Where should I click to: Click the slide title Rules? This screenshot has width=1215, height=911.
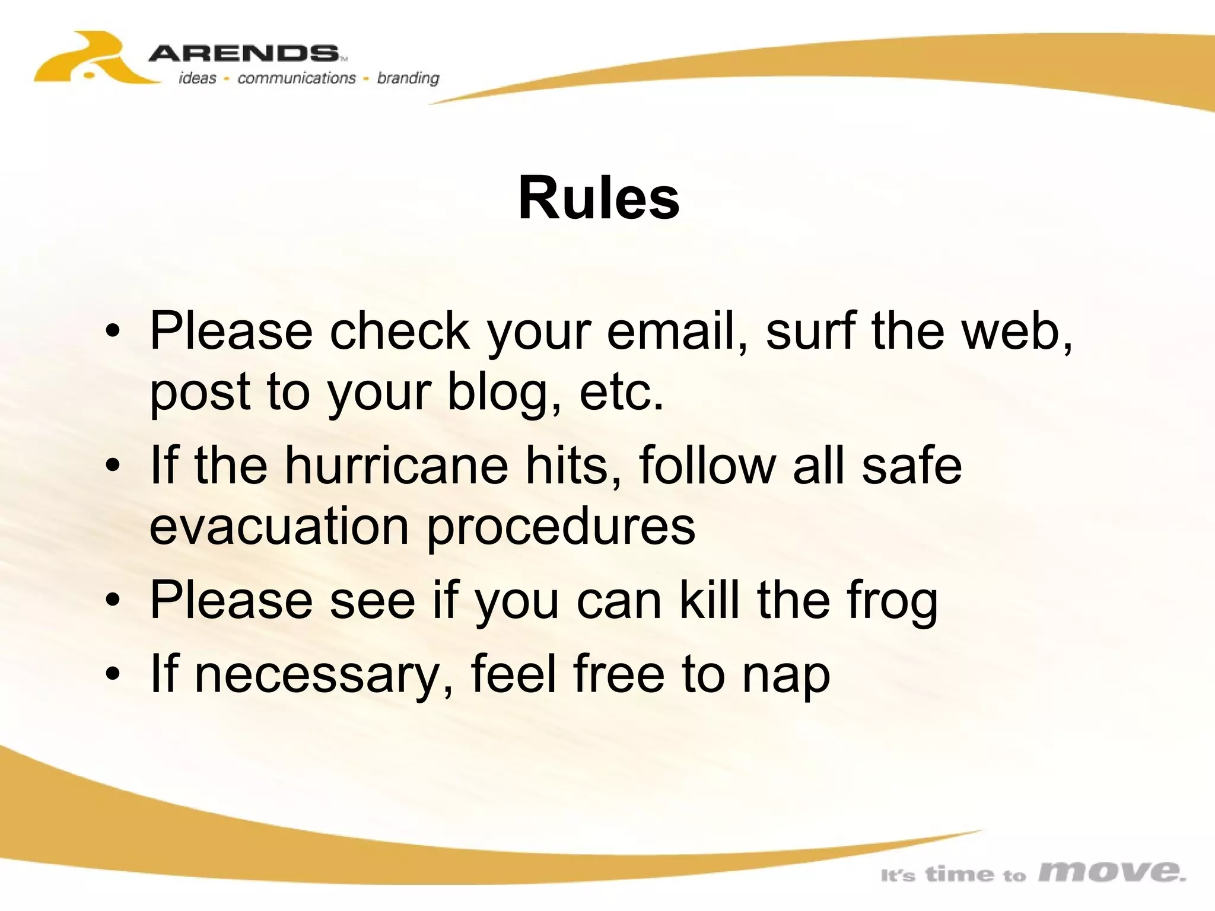599,198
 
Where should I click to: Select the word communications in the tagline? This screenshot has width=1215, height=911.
296,78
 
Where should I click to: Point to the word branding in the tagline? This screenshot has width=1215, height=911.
408,78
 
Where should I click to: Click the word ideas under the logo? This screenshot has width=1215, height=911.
198,78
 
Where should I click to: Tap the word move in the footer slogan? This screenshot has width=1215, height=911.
1112,871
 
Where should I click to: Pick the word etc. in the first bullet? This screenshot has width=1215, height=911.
621,393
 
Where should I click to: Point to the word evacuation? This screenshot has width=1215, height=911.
279,527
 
